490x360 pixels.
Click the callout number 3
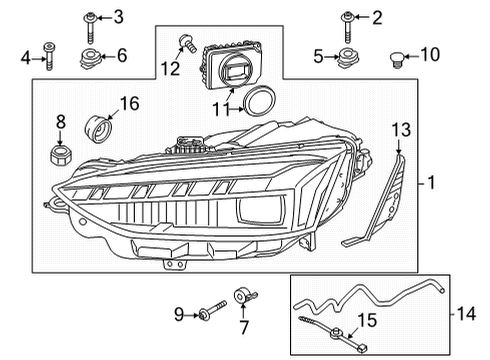point(118,17)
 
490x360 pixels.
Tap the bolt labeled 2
point(348,27)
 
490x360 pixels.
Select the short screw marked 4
point(49,56)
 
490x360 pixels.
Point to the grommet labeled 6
point(90,59)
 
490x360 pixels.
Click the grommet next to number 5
point(348,58)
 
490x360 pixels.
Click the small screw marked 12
point(188,43)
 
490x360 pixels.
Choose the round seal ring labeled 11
point(259,101)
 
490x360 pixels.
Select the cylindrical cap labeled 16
point(99,129)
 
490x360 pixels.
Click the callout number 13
point(401,130)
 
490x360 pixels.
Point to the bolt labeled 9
point(212,310)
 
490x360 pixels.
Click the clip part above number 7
point(245,295)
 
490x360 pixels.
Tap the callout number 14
point(466,314)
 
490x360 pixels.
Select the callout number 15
point(367,320)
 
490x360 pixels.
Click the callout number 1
point(431,183)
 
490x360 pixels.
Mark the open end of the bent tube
point(442,290)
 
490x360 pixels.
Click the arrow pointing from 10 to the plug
point(411,57)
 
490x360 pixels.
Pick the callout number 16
point(129,104)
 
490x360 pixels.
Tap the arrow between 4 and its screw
point(39,59)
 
